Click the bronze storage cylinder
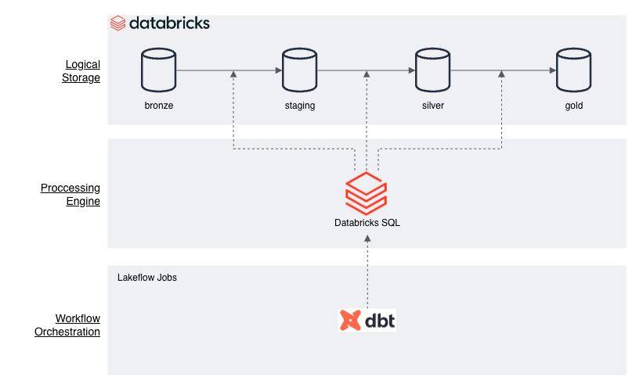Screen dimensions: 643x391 coord(159,70)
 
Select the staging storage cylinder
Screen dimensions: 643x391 coord(300,70)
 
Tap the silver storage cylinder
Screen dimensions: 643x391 coord(432,70)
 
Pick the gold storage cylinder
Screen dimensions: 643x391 coord(574,70)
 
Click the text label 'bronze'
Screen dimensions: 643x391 coord(159,106)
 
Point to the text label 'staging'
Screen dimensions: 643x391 coord(300,106)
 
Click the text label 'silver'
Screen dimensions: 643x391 coord(433,106)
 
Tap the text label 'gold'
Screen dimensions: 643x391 coord(574,106)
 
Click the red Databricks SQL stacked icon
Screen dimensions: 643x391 coord(367,194)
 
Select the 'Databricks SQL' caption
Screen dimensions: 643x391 coord(367,223)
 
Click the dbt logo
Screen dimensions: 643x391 coord(367,320)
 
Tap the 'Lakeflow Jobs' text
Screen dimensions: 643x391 coord(146,278)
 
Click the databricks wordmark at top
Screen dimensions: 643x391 coord(160,23)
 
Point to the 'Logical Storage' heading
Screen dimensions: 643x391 coord(81,71)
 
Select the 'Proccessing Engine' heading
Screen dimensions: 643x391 coord(70,195)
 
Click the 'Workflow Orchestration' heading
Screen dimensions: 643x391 coord(67,325)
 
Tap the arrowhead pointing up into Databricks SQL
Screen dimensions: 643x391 coord(367,239)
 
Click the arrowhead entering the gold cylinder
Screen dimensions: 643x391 coord(552,70)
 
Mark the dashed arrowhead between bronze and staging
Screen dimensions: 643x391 coord(233,74)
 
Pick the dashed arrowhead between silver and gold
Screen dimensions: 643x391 coord(501,74)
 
